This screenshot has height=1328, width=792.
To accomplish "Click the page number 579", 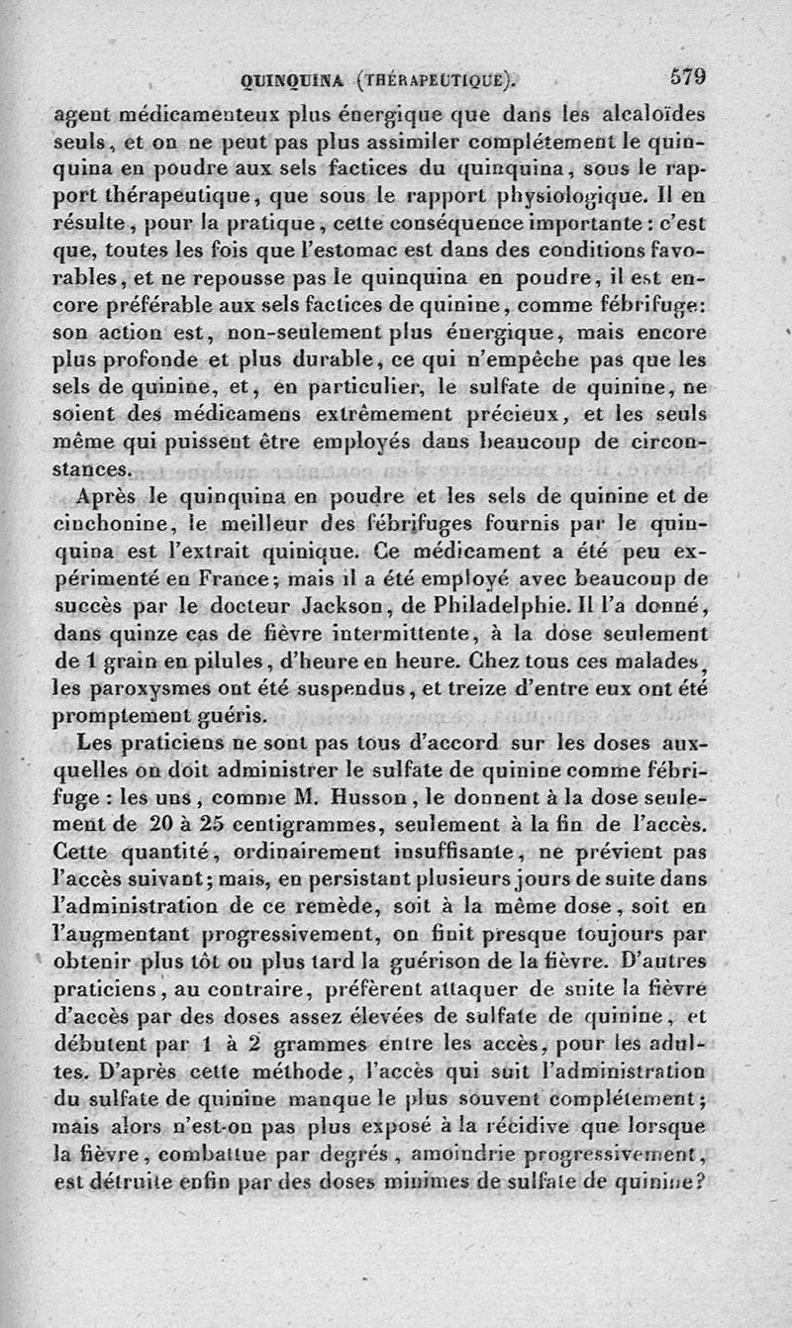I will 687,76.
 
